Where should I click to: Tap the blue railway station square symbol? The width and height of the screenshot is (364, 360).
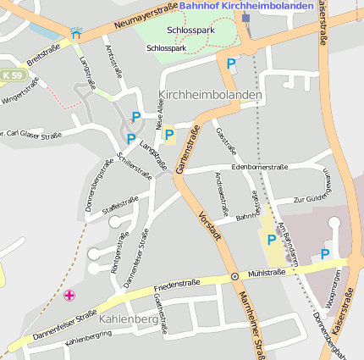pyautogui.click(x=245, y=17)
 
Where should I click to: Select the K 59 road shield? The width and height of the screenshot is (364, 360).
pyautogui.click(x=12, y=75)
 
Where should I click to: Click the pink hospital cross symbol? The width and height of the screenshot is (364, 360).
pyautogui.click(x=69, y=295)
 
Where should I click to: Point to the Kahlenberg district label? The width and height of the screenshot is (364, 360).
pyautogui.click(x=129, y=319)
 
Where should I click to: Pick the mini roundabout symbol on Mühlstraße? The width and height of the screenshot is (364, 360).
pyautogui.click(x=234, y=277)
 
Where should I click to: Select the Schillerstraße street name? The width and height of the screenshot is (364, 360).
pyautogui.click(x=135, y=166)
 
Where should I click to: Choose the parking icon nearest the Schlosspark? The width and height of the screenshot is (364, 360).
pyautogui.click(x=231, y=63)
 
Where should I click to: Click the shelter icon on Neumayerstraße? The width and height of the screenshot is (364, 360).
pyautogui.click(x=76, y=33)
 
